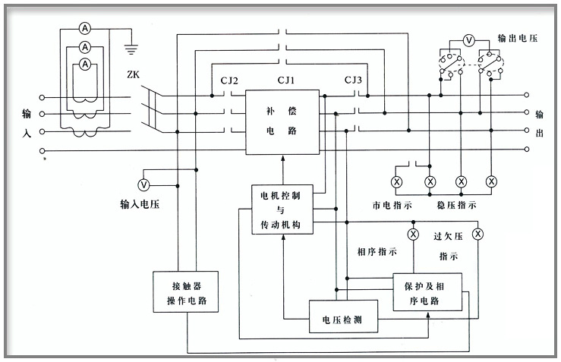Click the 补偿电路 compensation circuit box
[282, 121]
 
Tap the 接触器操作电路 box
[185, 292]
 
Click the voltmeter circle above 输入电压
[143, 185]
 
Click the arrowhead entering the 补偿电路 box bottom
[282, 159]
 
